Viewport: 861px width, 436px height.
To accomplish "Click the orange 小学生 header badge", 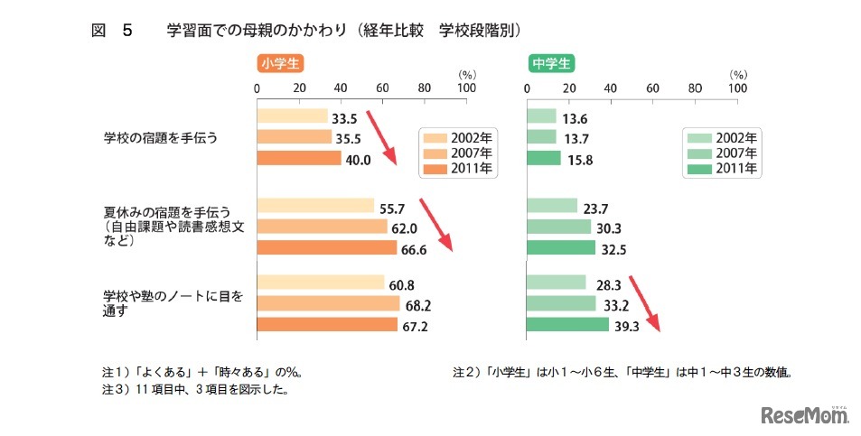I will (279, 63).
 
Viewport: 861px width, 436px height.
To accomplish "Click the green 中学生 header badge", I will (550, 63).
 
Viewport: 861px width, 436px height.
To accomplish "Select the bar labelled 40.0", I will (299, 158).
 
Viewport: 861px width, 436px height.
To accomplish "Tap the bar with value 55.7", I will (315, 206).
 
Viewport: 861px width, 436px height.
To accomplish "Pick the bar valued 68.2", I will (328, 303).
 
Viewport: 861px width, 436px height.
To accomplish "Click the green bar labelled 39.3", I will (567, 325).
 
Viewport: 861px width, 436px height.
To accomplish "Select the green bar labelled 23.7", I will (551, 206).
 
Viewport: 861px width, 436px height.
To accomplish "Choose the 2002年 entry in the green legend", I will (723, 138).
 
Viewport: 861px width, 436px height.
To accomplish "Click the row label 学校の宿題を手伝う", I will (161, 138).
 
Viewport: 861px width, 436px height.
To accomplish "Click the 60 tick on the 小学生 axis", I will (383, 88).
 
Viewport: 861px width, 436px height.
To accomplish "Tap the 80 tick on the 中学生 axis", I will (696, 88).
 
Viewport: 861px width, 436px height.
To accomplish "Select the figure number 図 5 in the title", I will (112, 31).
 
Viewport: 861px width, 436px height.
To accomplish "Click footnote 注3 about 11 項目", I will (199, 390).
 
